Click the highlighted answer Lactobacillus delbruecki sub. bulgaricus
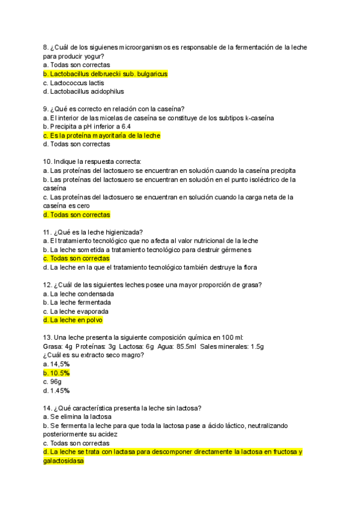coord(105,74)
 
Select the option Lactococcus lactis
coord(74,83)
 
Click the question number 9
coord(46,109)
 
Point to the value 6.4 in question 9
coord(142,127)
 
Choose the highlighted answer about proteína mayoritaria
coord(101,136)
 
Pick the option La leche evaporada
coord(79,312)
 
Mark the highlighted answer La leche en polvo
coord(73,321)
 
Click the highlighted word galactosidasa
coord(64,461)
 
